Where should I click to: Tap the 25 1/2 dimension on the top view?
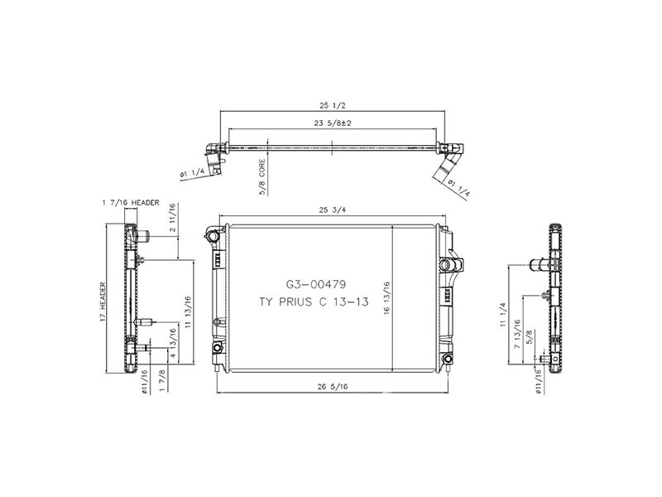click(x=331, y=106)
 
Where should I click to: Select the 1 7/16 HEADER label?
click(x=130, y=201)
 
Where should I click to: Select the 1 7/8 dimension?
click(x=161, y=383)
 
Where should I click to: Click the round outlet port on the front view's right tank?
click(x=452, y=265)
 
